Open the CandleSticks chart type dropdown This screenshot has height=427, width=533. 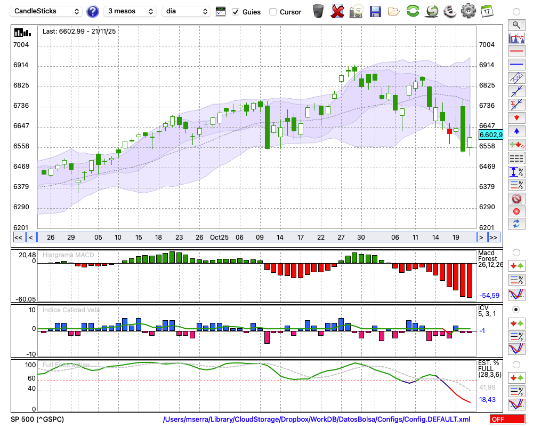[x=47, y=11]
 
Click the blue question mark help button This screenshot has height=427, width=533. [x=93, y=11]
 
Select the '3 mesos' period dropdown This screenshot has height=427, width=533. [x=130, y=11]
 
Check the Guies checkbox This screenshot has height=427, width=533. [x=236, y=12]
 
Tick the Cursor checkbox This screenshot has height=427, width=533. [x=273, y=12]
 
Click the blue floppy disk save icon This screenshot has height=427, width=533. [x=375, y=11]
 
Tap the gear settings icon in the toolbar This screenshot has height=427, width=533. [x=468, y=11]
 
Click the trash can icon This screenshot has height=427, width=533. [x=318, y=11]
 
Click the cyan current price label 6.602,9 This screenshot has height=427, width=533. [x=490, y=135]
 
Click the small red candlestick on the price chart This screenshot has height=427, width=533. [x=449, y=131]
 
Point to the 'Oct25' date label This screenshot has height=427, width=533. [x=219, y=237]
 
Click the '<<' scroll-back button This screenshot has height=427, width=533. [x=18, y=238]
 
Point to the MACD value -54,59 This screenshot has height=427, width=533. [x=489, y=295]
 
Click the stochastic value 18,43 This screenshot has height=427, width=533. [x=488, y=399]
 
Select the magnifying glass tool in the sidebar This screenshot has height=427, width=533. [x=516, y=25]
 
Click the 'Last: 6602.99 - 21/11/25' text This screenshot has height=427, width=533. [x=79, y=31]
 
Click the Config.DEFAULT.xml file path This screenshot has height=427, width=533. [x=317, y=419]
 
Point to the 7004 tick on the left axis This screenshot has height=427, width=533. [x=21, y=45]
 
